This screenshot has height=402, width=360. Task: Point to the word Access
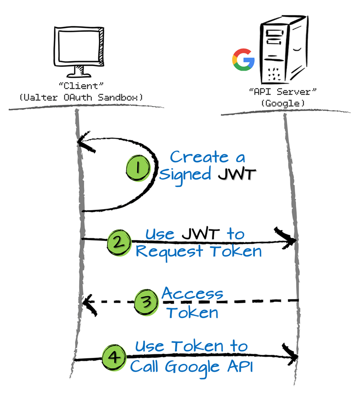[192, 294]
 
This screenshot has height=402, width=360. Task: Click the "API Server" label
[280, 92]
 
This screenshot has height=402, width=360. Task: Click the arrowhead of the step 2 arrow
[290, 240]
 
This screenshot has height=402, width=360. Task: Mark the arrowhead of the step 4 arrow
[292, 355]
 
